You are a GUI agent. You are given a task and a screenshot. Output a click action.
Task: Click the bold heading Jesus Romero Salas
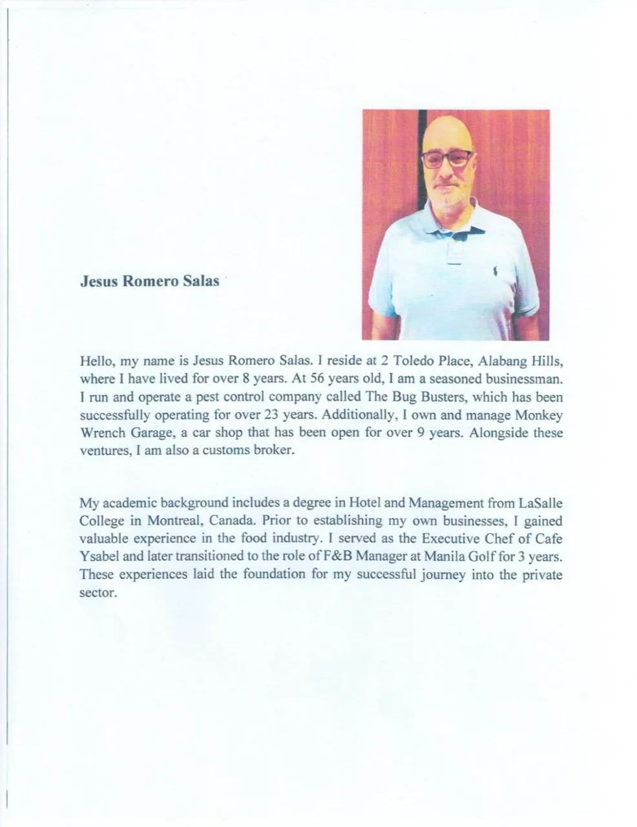(x=149, y=282)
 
